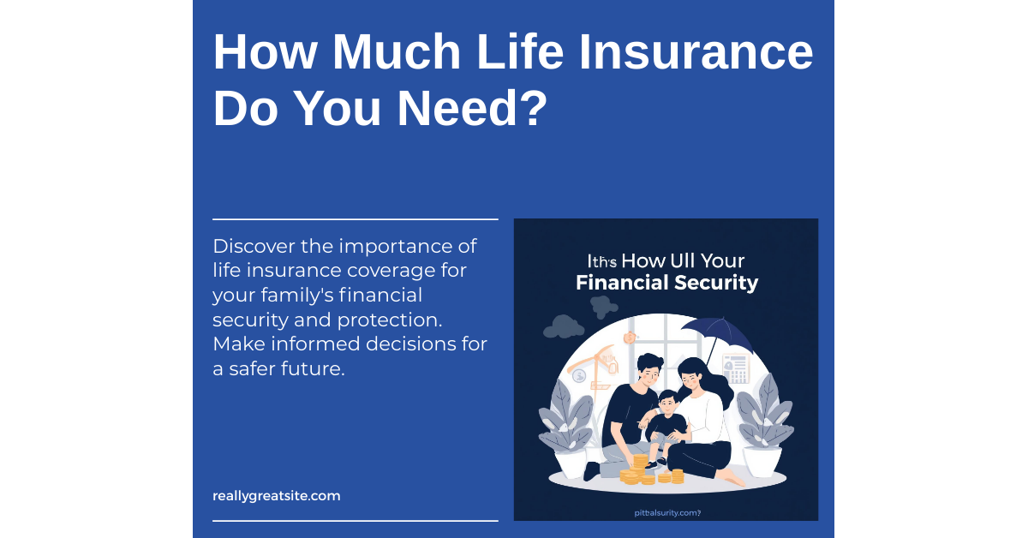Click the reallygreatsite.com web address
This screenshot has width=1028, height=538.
(277, 495)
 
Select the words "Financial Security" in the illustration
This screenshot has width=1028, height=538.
(666, 283)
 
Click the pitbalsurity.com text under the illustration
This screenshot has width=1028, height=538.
(664, 513)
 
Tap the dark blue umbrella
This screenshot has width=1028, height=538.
(719, 337)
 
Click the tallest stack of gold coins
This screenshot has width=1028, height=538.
(640, 466)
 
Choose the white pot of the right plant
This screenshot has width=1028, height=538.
(761, 461)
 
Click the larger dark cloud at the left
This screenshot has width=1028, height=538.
(563, 326)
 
